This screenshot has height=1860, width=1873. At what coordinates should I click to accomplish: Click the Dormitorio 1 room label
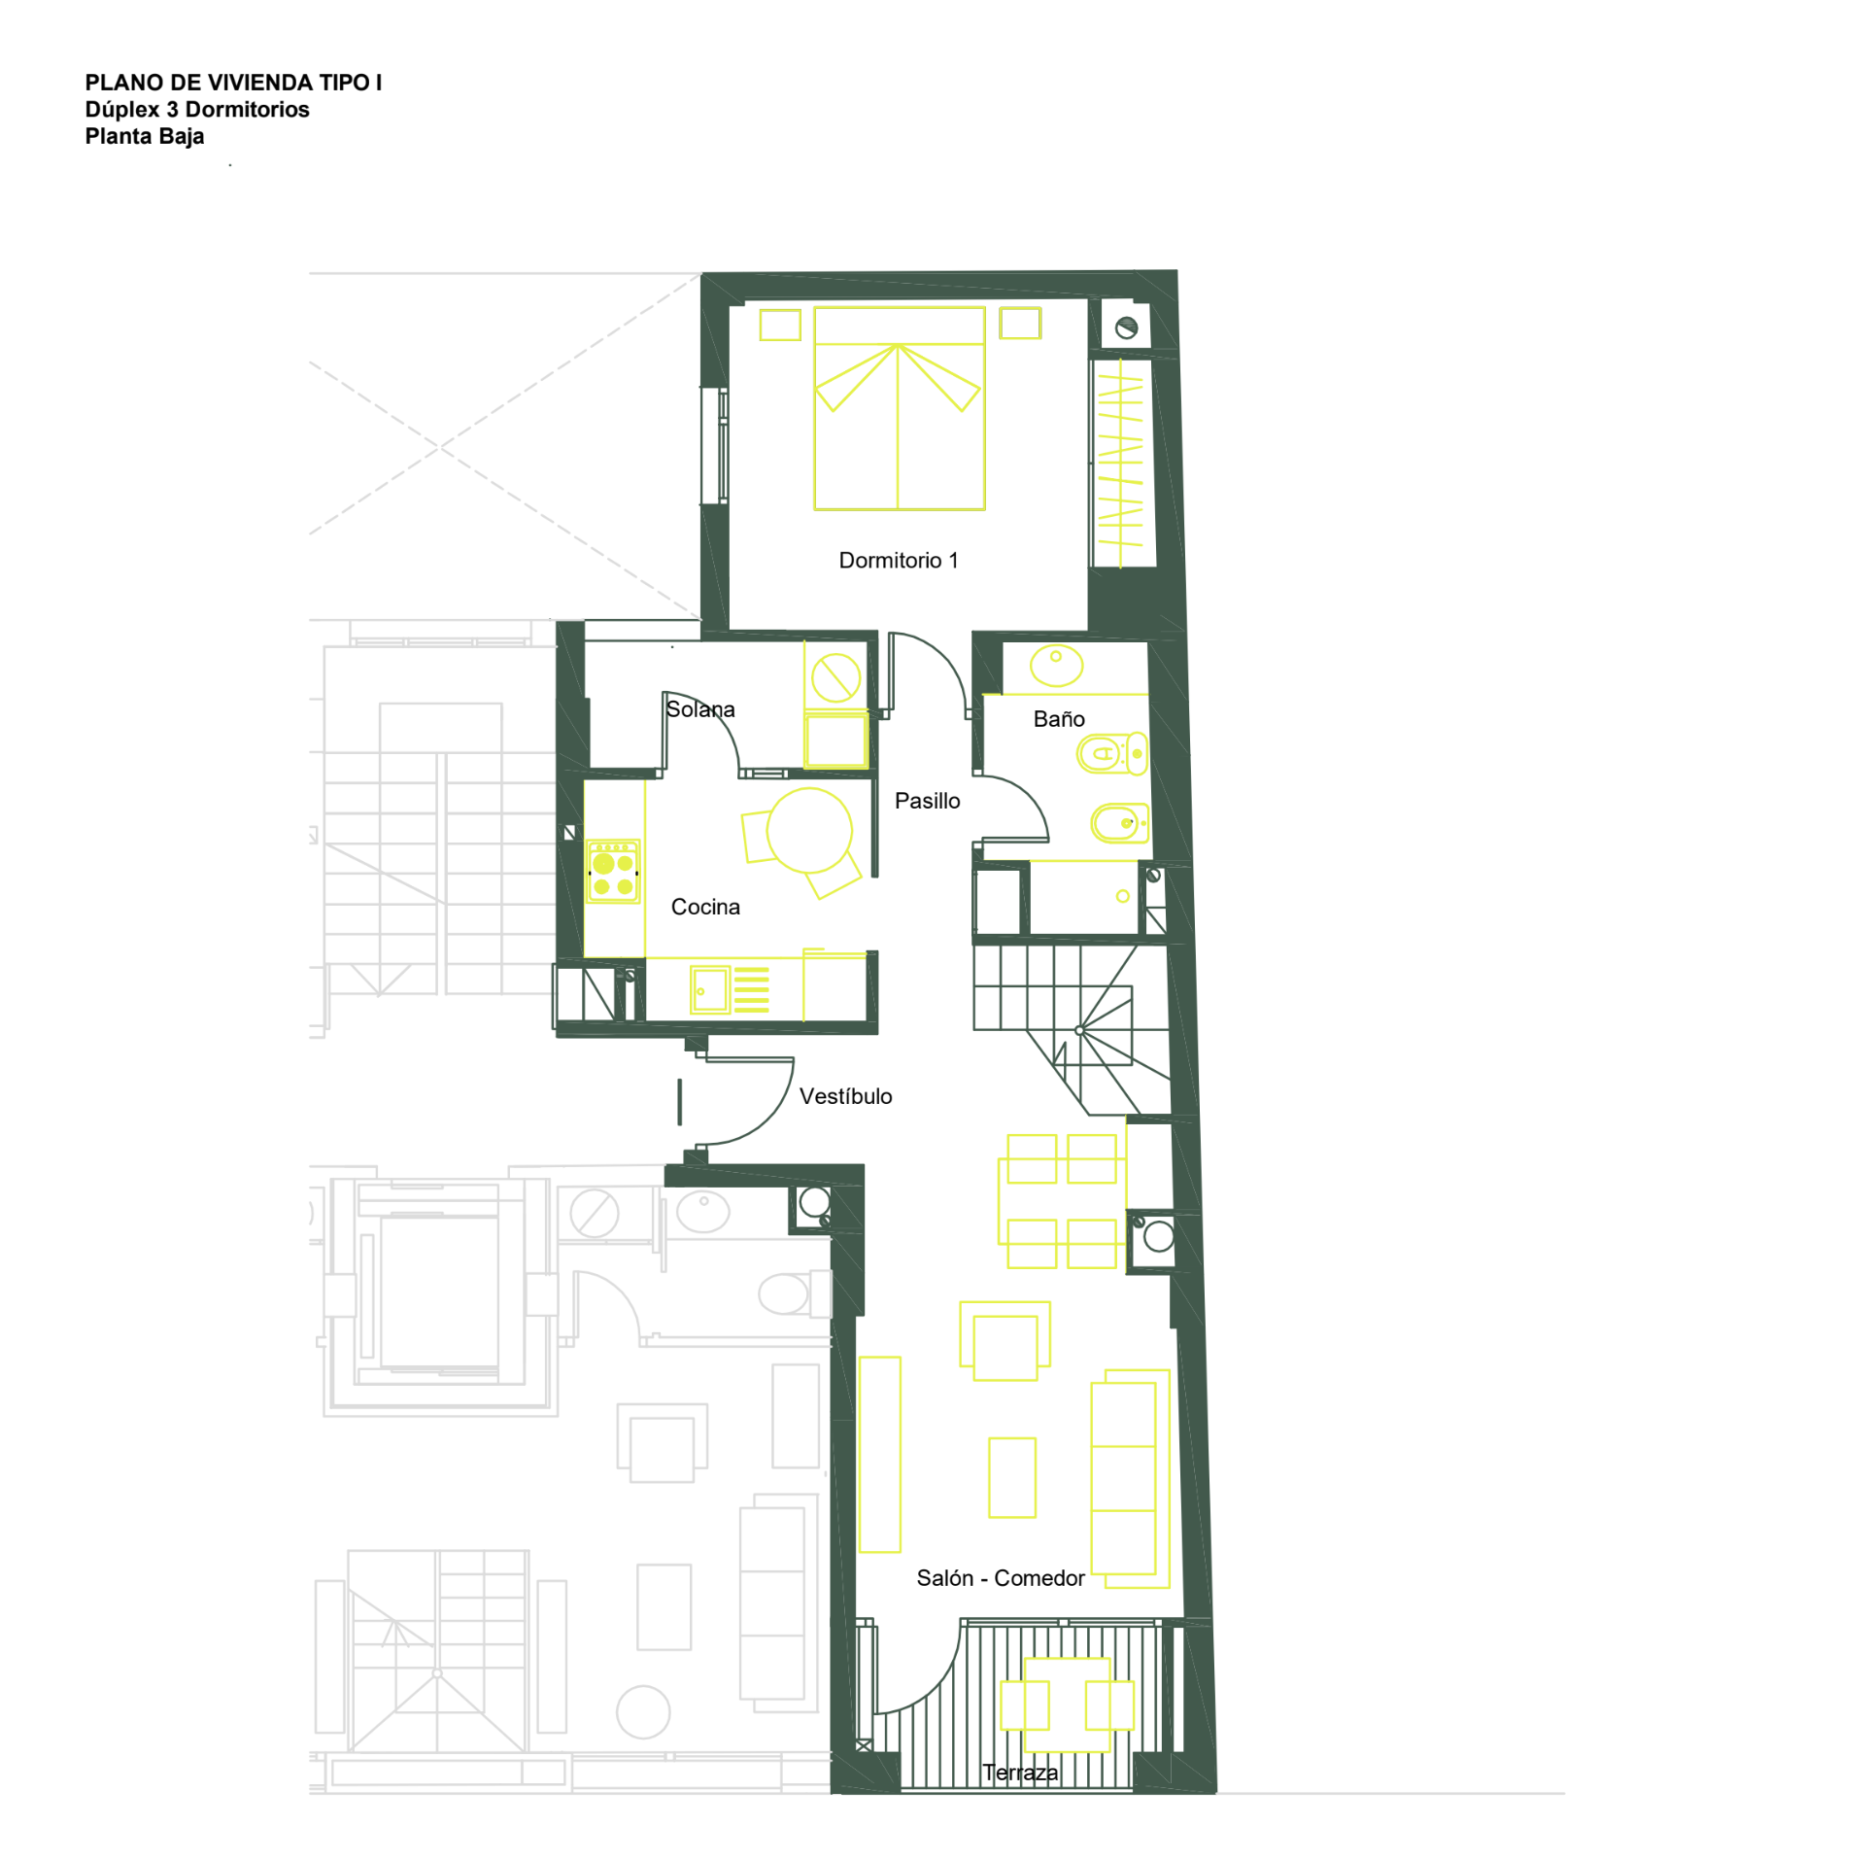click(x=898, y=560)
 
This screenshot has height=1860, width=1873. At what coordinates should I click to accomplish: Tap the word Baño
click(x=1058, y=718)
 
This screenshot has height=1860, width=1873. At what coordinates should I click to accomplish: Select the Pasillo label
click(x=927, y=800)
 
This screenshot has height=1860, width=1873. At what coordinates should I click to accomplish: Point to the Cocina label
click(x=705, y=906)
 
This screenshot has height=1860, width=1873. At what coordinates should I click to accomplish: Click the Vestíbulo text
click(x=845, y=1095)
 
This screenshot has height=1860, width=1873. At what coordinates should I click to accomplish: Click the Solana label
click(x=700, y=708)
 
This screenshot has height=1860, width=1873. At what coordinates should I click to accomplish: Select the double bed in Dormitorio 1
click(x=899, y=408)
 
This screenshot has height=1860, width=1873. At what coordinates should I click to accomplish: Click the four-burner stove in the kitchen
click(x=613, y=872)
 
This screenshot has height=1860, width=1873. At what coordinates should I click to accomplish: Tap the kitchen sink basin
click(x=709, y=990)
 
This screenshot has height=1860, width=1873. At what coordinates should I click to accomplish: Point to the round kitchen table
click(x=808, y=830)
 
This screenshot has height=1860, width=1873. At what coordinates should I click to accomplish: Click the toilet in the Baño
click(x=1111, y=753)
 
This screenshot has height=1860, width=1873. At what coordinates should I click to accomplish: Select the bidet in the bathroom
click(x=1119, y=822)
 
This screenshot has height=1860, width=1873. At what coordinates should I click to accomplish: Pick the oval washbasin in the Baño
click(x=1056, y=665)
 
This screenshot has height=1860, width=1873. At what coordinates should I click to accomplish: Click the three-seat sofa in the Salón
click(x=1130, y=1478)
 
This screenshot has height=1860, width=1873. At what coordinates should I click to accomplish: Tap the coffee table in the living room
click(x=1011, y=1477)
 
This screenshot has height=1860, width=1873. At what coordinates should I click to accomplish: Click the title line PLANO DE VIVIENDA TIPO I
click(x=233, y=83)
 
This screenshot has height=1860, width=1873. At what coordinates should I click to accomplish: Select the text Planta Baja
click(x=145, y=136)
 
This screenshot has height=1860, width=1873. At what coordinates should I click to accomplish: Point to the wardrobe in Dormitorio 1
click(x=1122, y=464)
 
